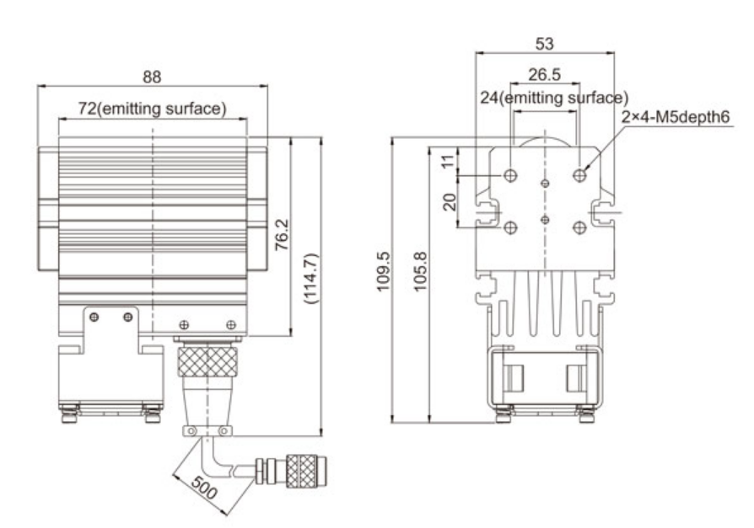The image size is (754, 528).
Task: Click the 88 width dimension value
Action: point(152,77)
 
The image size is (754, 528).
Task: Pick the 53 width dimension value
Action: point(545,42)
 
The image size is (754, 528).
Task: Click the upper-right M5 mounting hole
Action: point(579,175)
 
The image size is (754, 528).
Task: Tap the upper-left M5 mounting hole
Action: point(511,175)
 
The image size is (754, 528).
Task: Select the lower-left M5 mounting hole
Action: point(511,227)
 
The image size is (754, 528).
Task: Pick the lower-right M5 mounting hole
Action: point(579,227)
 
